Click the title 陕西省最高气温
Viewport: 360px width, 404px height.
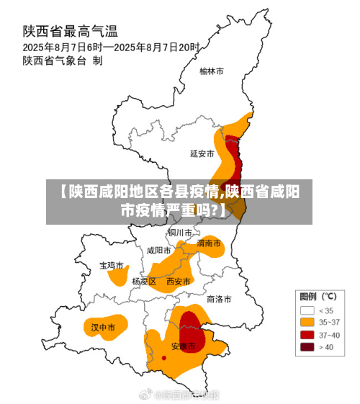point(71,32)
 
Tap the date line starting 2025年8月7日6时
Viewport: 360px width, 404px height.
point(111,46)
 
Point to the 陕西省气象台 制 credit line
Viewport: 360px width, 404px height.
point(63,60)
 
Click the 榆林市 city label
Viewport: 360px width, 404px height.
point(212,71)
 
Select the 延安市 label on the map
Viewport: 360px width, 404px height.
point(202,153)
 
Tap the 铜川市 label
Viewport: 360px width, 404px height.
point(180,233)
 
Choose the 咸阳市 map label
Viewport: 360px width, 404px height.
point(158,251)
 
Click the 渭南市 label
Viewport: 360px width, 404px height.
point(210,243)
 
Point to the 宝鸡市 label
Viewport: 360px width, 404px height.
point(112,266)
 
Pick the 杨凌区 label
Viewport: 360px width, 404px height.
point(144,282)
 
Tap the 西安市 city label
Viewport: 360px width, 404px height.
point(179,282)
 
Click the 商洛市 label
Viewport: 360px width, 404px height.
point(219,298)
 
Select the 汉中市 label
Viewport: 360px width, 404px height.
point(103,328)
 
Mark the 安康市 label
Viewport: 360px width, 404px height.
point(183,346)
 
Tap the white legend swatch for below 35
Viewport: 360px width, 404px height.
point(307,310)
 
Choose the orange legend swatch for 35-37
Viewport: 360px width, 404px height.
point(307,323)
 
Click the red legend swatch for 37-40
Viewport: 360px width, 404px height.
point(307,335)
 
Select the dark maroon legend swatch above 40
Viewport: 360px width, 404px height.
point(307,347)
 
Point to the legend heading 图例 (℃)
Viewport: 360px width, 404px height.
point(318,296)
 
